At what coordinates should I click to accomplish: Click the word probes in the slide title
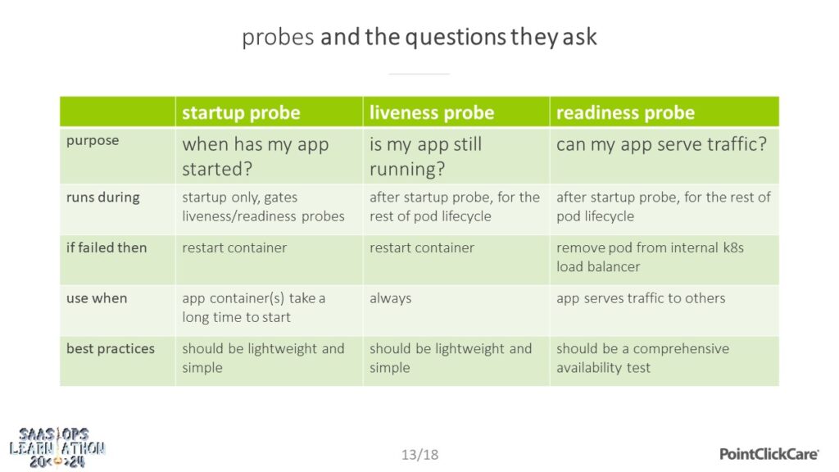point(278,38)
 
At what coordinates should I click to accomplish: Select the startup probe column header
point(241,112)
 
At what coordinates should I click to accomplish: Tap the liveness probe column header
point(432,112)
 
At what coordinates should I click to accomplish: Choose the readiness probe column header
point(625,112)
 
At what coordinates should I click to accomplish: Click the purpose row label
point(93,141)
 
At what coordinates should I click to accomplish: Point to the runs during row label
point(102,197)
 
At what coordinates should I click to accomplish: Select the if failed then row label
point(107,247)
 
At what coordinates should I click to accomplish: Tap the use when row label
point(97,298)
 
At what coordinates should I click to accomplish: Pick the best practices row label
point(111,349)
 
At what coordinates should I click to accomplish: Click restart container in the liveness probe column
point(422,247)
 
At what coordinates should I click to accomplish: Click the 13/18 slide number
point(420,455)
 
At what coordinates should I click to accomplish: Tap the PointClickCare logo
point(769,454)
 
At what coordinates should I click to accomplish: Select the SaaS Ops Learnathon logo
point(57,448)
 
